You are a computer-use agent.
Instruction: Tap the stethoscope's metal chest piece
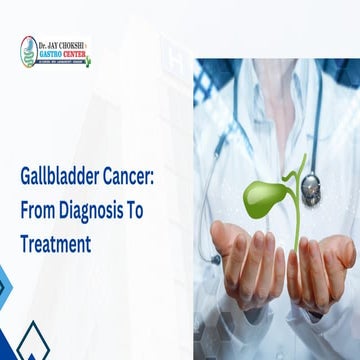point(311,186)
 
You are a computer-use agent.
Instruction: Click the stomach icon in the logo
point(27,52)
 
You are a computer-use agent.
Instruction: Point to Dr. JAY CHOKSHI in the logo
point(62,44)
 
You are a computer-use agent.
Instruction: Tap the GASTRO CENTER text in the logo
point(62,54)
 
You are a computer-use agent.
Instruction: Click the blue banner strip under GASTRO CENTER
point(61,62)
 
